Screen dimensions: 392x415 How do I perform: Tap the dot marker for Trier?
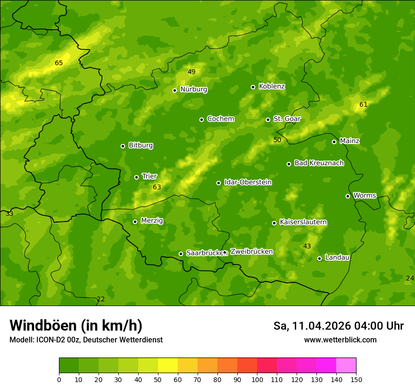pos(137,177)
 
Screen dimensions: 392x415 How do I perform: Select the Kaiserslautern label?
pos(303,222)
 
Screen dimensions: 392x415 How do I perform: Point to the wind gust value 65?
pos(58,63)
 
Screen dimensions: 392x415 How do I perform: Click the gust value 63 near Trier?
pos(157,187)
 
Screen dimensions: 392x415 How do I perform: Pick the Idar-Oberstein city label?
pos(248,182)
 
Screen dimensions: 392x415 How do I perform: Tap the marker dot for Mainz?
pos(334,142)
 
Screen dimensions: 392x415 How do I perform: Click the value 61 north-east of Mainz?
pos(363,104)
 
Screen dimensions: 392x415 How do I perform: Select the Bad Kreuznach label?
pos(319,163)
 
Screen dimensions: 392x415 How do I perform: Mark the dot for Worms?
pos(348,196)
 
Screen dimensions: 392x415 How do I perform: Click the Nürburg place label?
pos(193,89)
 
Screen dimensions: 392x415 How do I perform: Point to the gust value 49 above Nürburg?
pos(191,72)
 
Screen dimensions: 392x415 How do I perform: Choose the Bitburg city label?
pos(141,145)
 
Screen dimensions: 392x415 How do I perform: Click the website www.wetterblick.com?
pos(340,340)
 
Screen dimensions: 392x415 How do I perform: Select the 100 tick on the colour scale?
pos(257,379)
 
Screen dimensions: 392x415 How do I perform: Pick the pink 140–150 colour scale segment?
pos(346,365)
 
